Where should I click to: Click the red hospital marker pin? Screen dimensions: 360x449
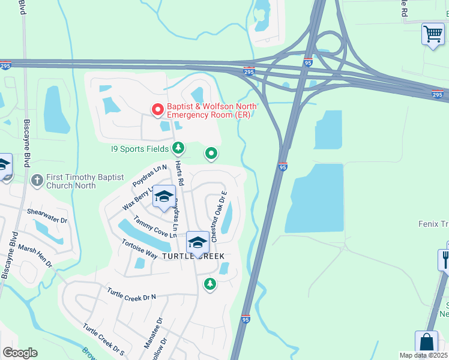(158, 110)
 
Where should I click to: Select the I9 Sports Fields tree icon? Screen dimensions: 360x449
(178, 148)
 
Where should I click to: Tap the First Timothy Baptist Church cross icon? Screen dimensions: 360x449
(37, 179)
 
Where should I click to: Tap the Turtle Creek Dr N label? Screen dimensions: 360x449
(131, 294)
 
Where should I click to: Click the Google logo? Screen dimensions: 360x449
(20, 353)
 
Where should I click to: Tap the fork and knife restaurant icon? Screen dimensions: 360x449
(445, 259)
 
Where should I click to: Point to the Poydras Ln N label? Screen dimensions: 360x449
(149, 176)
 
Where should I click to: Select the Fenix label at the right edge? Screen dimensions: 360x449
(432, 223)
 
